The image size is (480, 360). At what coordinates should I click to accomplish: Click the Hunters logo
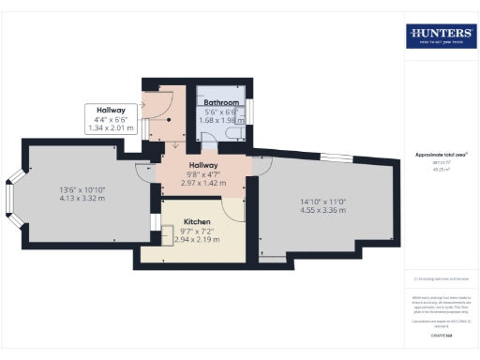[x=440, y=37]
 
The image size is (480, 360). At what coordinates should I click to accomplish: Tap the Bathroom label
[x=222, y=102]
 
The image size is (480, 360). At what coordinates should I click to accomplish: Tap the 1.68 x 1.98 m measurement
[x=223, y=119]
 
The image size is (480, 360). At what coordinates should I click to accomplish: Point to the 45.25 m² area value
[x=439, y=170]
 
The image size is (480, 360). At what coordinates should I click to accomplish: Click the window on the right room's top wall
[x=333, y=153]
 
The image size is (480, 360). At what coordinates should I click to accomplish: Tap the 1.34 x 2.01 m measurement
[x=111, y=128]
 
